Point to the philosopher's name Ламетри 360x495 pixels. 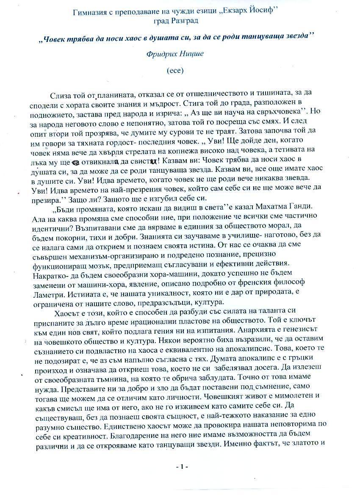tap(47, 293)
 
